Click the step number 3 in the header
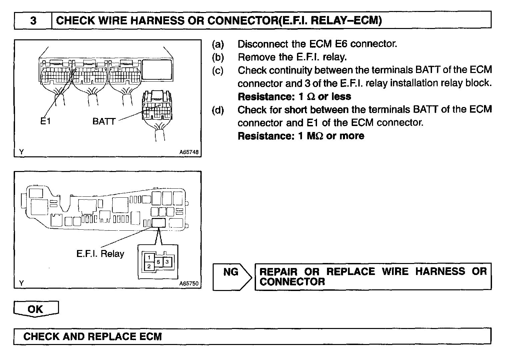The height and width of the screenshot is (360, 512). point(33,21)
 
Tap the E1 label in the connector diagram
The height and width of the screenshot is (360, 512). point(45,121)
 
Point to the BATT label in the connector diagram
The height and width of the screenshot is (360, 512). point(104,121)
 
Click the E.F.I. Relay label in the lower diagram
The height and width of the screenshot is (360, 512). point(100,254)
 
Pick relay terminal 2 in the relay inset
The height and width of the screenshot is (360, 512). point(149,266)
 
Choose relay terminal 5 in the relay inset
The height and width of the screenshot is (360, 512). point(159,262)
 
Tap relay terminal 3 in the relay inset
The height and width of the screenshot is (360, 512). point(167,262)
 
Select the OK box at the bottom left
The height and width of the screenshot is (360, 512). point(36,309)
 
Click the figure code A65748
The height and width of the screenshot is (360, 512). point(189,152)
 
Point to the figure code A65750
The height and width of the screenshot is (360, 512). point(189,283)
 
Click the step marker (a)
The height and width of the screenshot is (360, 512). point(218,44)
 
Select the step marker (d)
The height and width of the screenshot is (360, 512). point(218,110)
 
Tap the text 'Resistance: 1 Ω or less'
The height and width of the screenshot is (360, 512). point(294,97)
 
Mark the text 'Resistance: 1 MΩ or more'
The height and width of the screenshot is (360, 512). point(301,136)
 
